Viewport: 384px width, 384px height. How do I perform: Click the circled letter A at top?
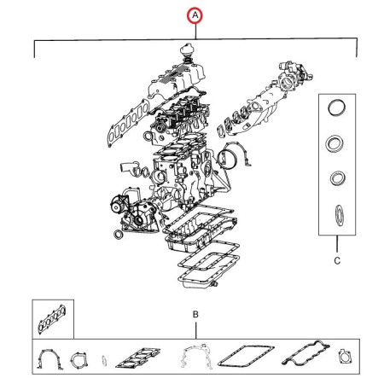[x=195, y=15]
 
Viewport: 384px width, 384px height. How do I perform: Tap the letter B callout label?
[x=195, y=316]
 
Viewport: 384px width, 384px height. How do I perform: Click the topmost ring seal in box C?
[x=337, y=108]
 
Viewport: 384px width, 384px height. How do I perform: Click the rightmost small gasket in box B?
[x=345, y=358]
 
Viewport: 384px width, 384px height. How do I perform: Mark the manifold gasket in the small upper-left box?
[x=51, y=322]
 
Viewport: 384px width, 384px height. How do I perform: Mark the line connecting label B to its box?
[x=195, y=331]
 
